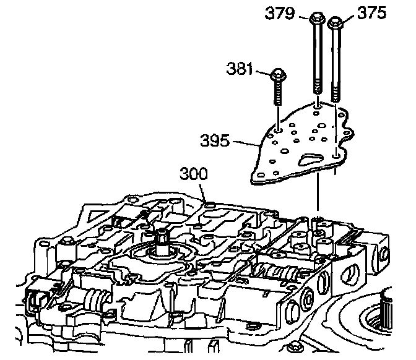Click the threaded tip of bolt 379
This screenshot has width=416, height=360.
318,93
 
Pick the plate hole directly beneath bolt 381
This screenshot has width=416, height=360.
279,131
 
